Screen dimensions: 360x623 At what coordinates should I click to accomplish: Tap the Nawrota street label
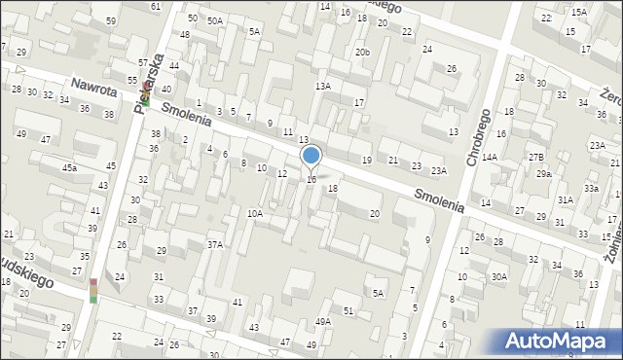[94, 90]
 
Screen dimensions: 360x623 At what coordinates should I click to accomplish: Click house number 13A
[322, 86]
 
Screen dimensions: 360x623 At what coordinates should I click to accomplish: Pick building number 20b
[362, 52]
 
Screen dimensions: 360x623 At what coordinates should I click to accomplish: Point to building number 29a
[543, 174]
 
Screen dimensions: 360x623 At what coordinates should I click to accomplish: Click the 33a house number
[591, 188]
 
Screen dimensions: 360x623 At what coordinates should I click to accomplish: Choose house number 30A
[498, 276]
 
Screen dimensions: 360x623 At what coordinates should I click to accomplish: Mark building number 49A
[323, 321]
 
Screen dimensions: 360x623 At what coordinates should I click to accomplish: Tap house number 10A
[255, 213]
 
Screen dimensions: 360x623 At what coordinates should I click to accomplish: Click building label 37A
[215, 244]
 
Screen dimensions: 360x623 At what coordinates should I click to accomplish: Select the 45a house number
[70, 168]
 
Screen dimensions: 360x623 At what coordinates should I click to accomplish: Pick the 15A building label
[579, 12]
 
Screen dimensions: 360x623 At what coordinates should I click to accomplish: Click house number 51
[348, 310]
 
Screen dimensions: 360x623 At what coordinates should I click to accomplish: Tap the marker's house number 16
[311, 179]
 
